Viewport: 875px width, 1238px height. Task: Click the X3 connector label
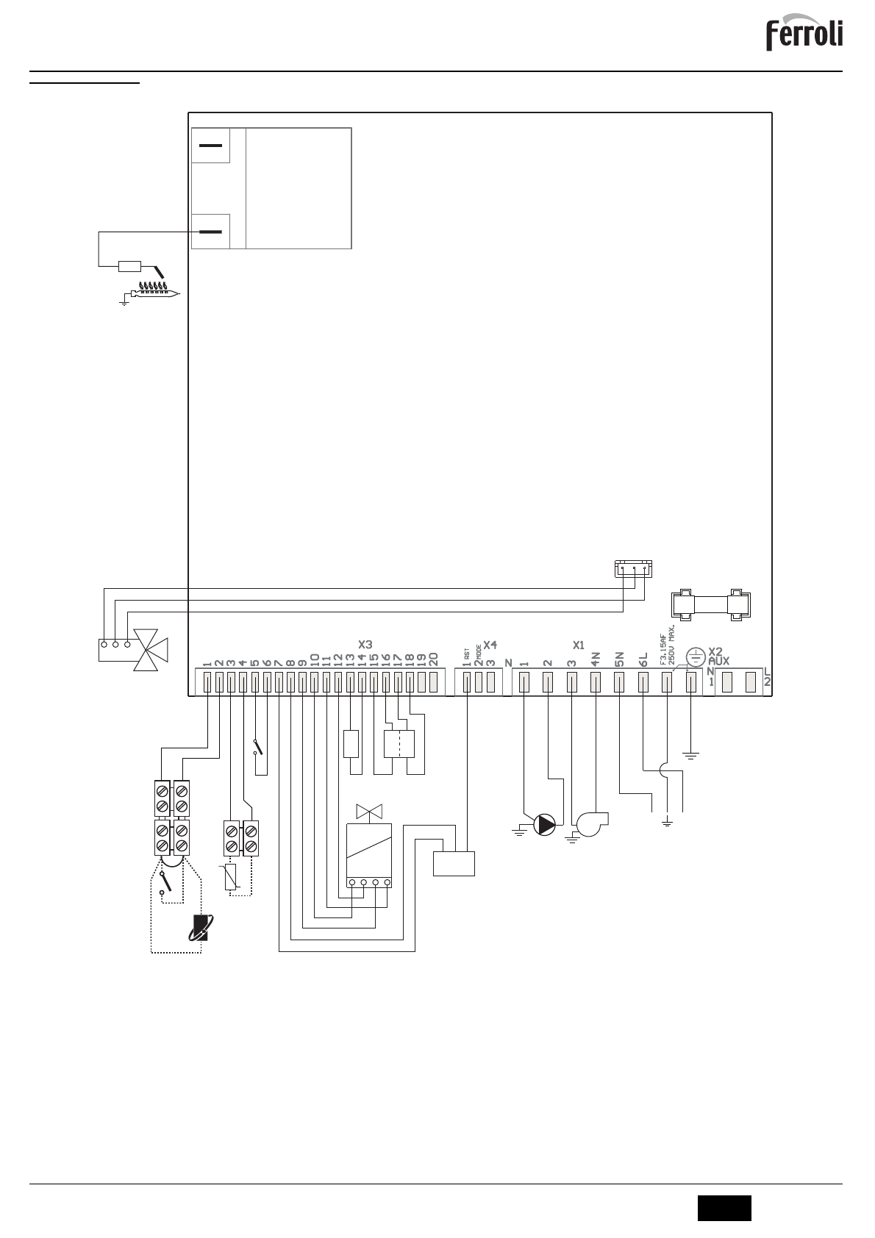(x=365, y=645)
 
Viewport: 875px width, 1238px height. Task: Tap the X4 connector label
(x=490, y=645)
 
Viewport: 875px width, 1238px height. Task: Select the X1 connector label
(x=578, y=645)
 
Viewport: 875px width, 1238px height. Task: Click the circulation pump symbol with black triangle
(x=545, y=825)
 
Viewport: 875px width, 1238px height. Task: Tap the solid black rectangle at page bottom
(x=724, y=1208)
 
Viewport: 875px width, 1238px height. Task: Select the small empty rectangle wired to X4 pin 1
(x=454, y=863)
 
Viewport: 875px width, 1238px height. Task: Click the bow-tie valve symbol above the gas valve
(x=366, y=812)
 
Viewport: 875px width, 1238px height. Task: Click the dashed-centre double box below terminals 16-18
(x=399, y=743)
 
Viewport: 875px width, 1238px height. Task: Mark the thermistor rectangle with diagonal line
(x=231, y=879)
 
